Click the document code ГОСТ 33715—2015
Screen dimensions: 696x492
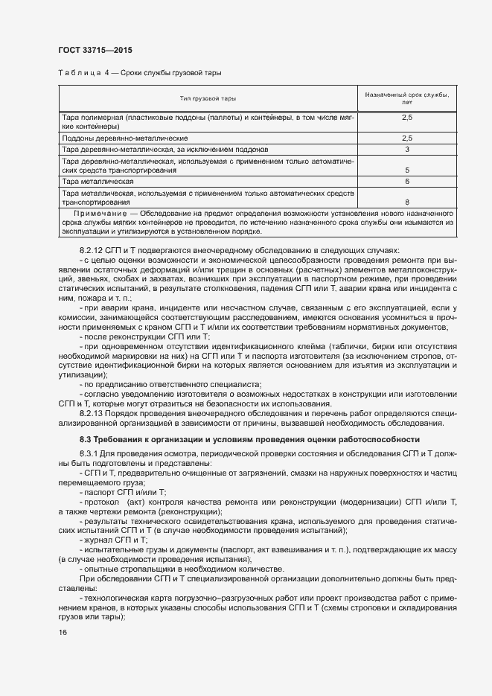coord(96,50)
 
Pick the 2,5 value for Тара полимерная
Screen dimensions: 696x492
coord(407,118)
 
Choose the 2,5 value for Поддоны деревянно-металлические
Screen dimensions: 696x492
coord(407,138)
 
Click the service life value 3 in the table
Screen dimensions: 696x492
coord(407,150)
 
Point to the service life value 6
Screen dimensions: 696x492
coord(407,181)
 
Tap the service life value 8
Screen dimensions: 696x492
coord(407,201)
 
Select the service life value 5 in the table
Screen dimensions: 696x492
coord(407,170)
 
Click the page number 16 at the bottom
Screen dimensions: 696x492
coord(63,633)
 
